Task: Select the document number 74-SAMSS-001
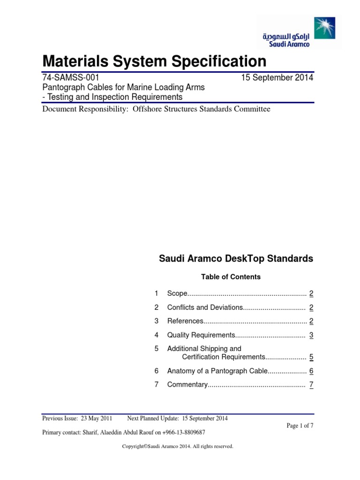coord(70,78)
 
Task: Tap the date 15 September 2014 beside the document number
coord(277,78)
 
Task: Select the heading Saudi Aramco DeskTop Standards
coord(236,259)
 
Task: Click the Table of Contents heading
coord(231,277)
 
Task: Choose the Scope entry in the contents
coord(177,294)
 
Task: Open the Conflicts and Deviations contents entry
coord(205,307)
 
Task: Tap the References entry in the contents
coord(185,321)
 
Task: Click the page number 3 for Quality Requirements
coord(311,335)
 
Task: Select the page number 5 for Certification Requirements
coord(311,357)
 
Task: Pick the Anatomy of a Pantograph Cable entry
coord(217,371)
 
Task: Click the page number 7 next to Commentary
coord(311,385)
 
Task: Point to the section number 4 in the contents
coord(157,335)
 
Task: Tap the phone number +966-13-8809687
coord(183,432)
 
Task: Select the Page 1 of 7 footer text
coord(300,426)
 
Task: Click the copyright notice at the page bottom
coord(178,447)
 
